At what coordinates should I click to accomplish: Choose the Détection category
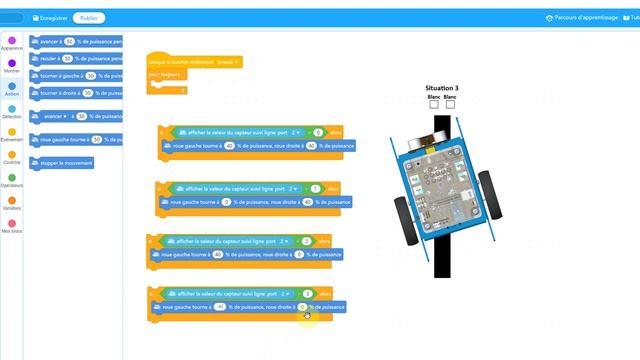[12, 111]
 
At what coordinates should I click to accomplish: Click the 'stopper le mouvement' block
[62, 162]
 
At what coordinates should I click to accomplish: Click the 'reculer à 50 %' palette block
[76, 59]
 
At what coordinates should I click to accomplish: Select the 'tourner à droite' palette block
[76, 93]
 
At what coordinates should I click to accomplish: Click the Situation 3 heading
[441, 88]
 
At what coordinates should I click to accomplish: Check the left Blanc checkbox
[434, 104]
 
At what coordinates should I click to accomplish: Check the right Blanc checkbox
[449, 104]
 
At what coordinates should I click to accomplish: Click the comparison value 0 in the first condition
[318, 132]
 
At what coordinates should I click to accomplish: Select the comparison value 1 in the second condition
[315, 188]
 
